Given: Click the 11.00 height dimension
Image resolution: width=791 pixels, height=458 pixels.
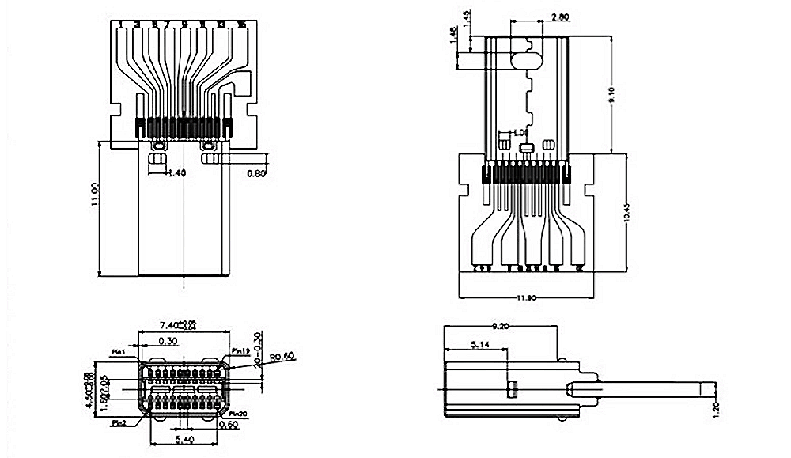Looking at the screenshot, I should click(x=95, y=194).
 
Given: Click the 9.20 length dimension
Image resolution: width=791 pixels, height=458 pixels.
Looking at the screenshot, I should click(x=501, y=325).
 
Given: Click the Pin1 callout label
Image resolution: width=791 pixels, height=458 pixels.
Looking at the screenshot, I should click(x=119, y=352).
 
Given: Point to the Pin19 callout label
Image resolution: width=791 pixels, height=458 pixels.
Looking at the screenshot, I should click(x=241, y=350).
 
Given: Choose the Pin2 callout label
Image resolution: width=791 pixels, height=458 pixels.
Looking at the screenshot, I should click(x=119, y=424).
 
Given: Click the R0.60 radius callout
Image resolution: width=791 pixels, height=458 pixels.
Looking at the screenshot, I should click(x=281, y=357).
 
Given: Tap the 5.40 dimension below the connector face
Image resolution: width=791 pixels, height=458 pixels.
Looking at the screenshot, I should click(x=183, y=438).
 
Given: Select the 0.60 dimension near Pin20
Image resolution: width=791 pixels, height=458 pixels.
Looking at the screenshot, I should click(x=227, y=425).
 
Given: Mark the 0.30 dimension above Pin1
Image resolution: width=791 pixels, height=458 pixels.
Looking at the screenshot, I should click(x=167, y=341).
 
